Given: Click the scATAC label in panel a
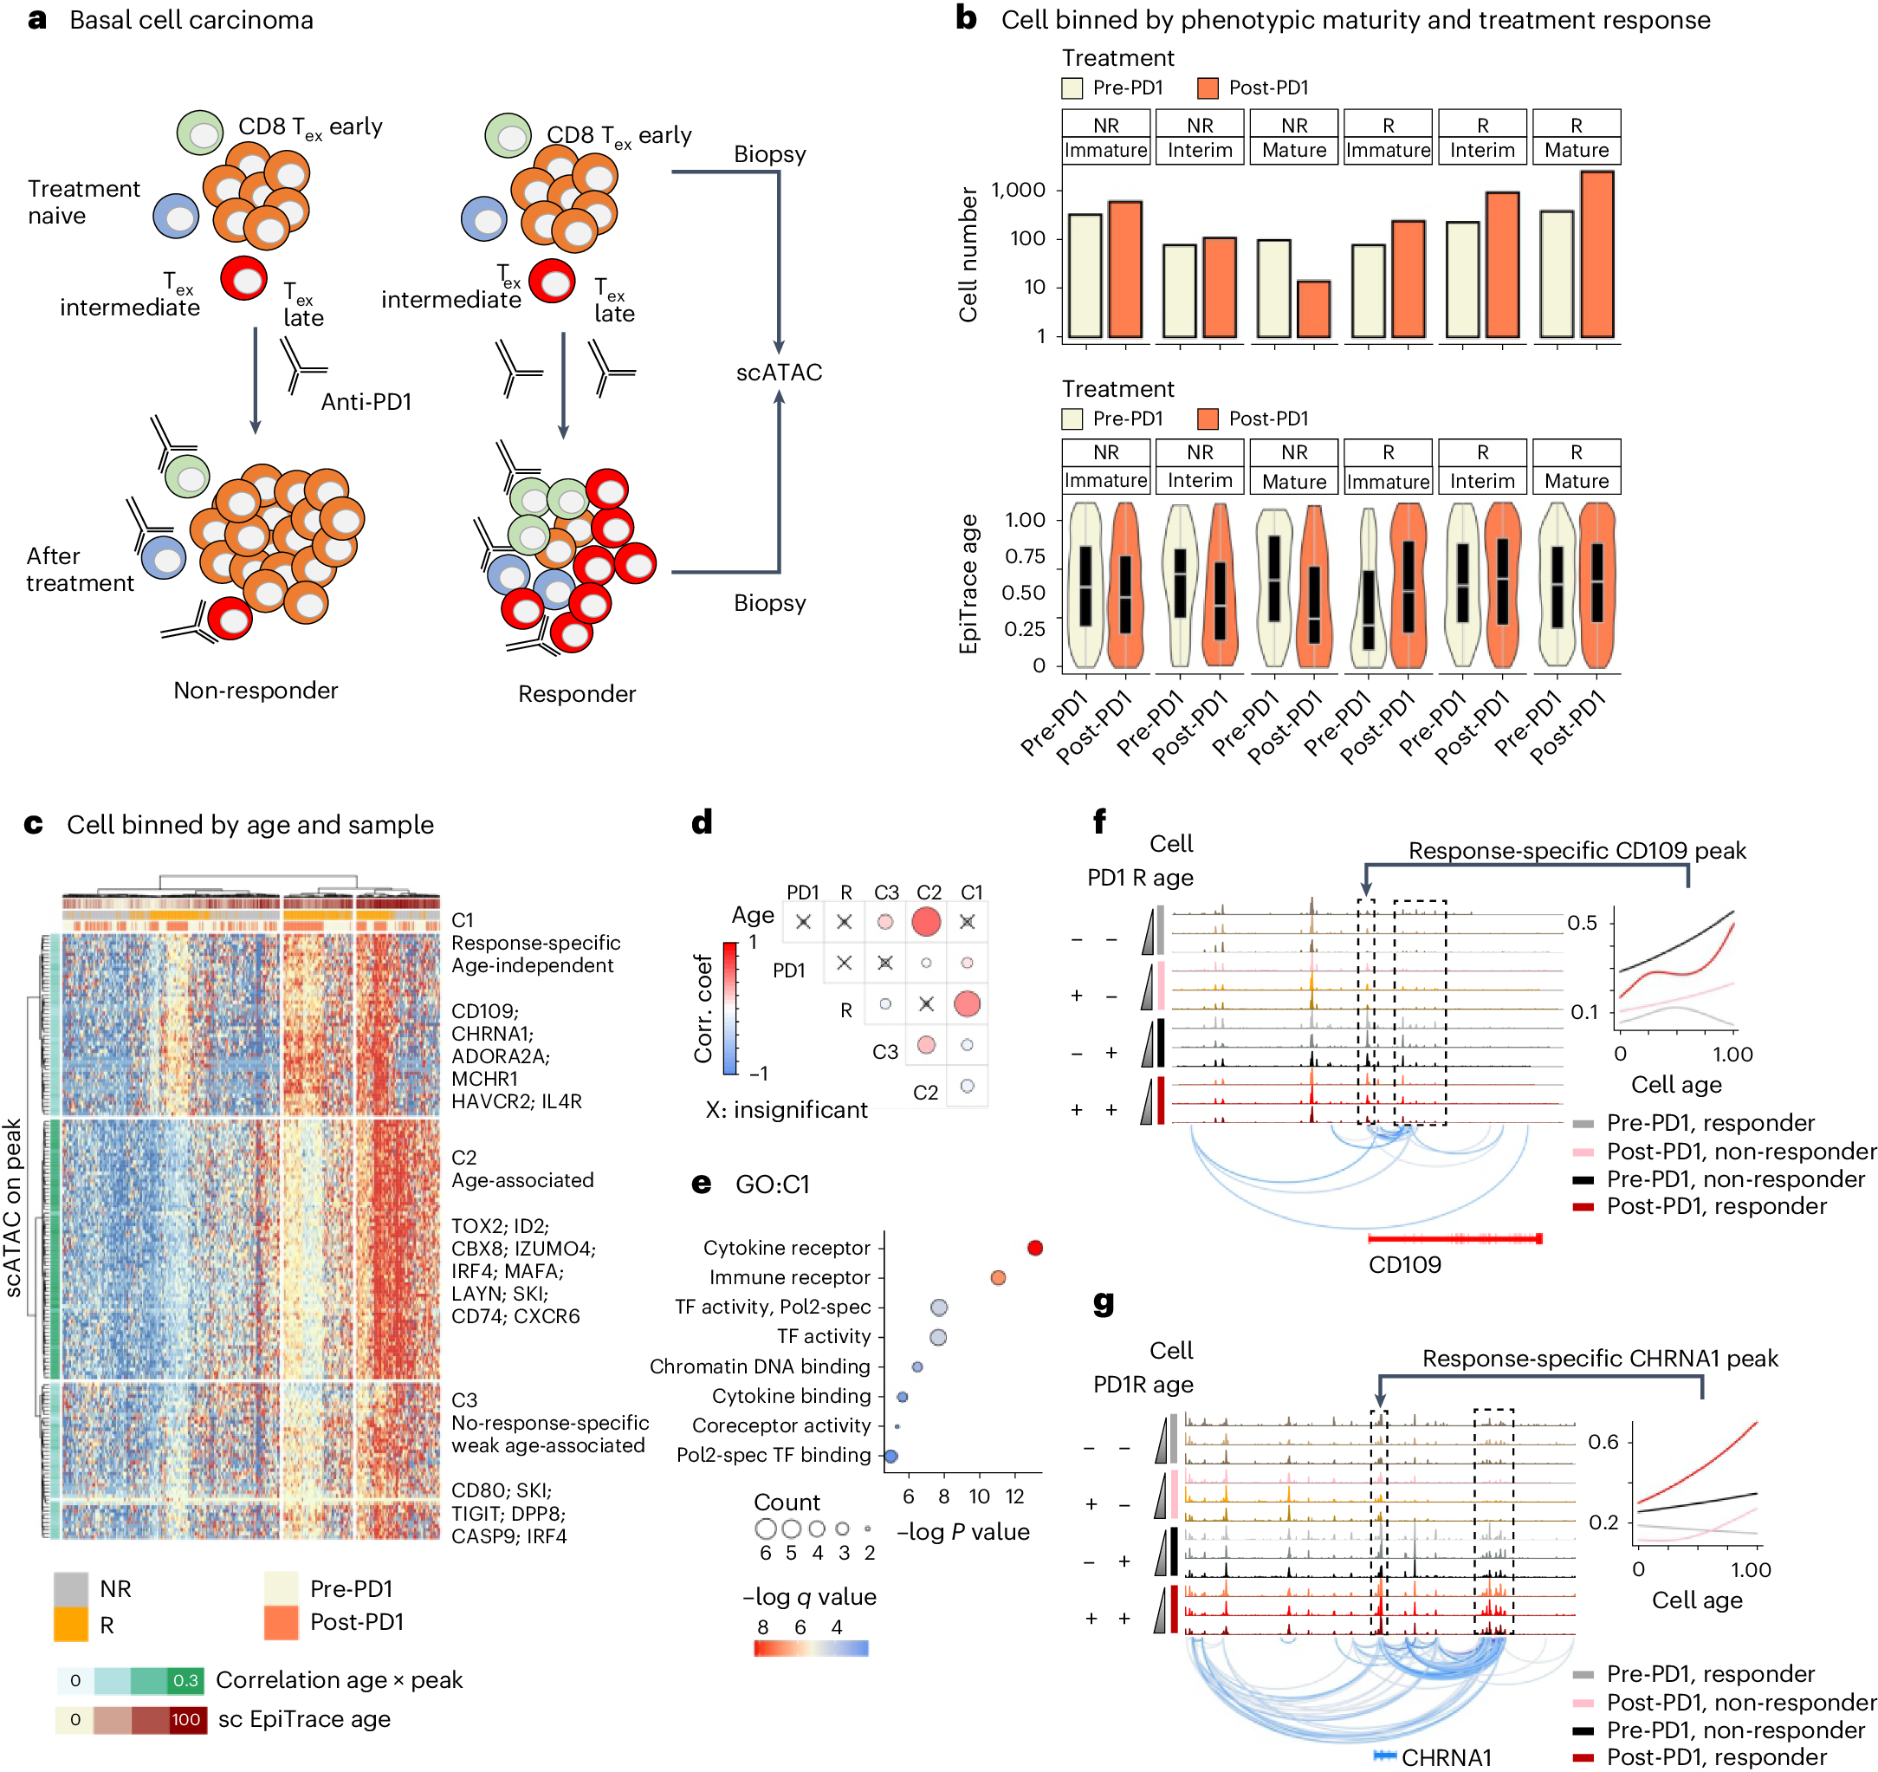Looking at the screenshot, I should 779,373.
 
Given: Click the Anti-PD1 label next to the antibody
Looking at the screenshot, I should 366,402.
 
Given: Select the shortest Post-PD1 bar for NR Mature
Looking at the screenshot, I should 1313,308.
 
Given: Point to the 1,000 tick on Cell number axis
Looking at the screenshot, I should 1019,190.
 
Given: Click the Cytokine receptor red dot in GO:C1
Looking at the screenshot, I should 1034,1248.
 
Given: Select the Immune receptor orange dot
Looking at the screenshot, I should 998,1278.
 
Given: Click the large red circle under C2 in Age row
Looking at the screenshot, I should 926,920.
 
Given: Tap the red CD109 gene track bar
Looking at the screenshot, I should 1454,1238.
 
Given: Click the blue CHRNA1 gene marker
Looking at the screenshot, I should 1385,1755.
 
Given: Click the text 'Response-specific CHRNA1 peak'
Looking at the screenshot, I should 1599,1358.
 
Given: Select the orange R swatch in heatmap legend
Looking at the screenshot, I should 71,1625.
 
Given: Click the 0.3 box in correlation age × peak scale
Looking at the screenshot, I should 185,1680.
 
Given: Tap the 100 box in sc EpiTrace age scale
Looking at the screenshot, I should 185,1719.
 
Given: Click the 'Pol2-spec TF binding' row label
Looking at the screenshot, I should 773,1455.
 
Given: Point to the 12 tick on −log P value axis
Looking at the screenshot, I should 1014,1496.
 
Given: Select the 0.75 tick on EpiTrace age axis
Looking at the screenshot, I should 1024,555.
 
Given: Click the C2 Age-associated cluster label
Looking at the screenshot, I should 521,1168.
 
